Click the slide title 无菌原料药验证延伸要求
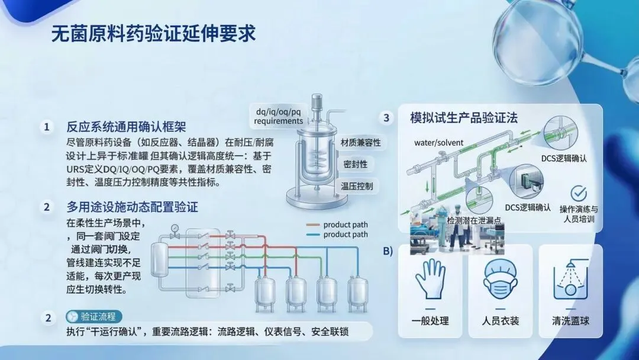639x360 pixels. pos(154,34)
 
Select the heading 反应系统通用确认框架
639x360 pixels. pos(126,127)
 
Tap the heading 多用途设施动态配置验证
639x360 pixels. pos(132,207)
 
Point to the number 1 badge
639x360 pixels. pos(47,127)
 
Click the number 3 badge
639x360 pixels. pos(386,118)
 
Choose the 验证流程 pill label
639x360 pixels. pos(95,317)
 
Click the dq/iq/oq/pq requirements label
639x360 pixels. pos(278,116)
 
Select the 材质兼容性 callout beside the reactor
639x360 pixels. pos(360,143)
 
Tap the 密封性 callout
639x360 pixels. pos(356,164)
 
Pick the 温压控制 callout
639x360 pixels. pos(357,186)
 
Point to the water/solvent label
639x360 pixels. pos(438,143)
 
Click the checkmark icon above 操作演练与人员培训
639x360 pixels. pos(578,193)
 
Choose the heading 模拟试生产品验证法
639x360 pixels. pos(464,118)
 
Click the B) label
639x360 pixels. pos(388,250)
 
